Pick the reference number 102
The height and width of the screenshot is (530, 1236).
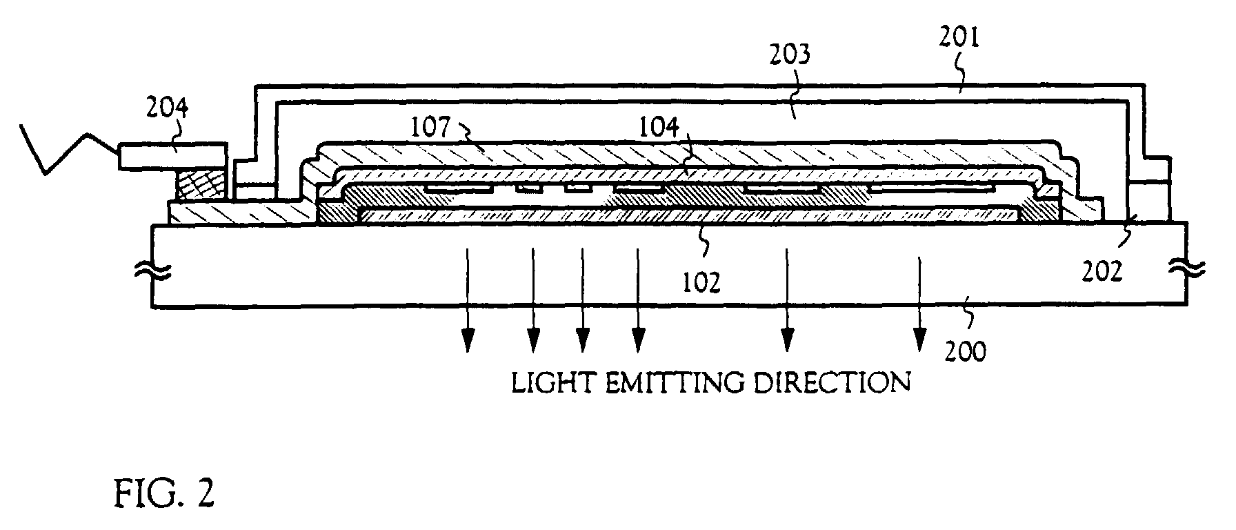pos(702,282)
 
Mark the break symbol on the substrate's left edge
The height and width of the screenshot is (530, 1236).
pos(163,271)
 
